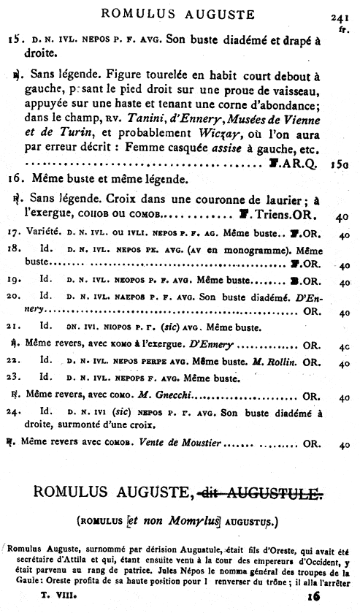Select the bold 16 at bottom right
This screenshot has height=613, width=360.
[315, 595]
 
